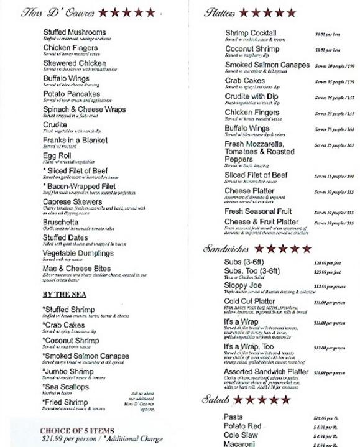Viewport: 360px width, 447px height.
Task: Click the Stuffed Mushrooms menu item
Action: (75, 32)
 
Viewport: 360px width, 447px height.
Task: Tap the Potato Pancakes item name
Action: (72, 94)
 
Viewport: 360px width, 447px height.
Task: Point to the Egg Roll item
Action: (58, 155)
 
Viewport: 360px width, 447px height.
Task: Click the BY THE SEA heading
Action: (64, 293)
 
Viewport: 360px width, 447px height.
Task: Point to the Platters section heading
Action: (221, 12)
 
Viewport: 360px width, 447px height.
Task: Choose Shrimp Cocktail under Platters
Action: (251, 34)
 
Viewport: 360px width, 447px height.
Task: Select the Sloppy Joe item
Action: (243, 285)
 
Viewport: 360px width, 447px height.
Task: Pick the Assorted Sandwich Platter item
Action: (266, 372)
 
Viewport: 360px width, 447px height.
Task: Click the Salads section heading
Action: (216, 400)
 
